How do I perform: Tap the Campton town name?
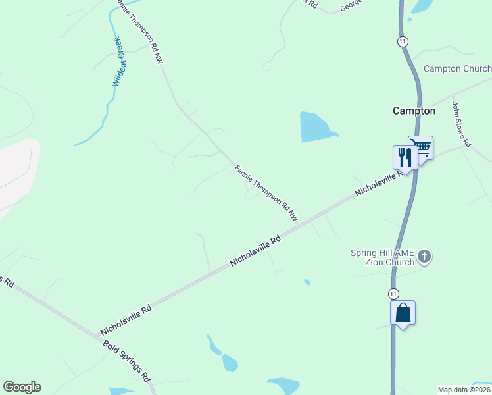coord(414,111)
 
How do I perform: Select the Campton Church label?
coord(457,68)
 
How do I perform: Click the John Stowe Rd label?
coord(462,124)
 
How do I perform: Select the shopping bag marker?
coord(403,313)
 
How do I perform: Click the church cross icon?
coord(424,257)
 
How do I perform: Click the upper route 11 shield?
coord(403,41)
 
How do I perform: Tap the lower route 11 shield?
coord(393,293)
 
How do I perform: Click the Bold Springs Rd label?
coord(127,361)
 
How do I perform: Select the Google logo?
coord(22,387)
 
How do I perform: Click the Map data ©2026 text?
coord(464,390)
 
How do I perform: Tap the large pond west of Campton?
coord(314,127)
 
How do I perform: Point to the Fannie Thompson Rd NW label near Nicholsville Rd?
coord(266,193)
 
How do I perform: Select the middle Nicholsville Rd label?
coord(255,251)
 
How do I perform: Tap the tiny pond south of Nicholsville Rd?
coord(307,282)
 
